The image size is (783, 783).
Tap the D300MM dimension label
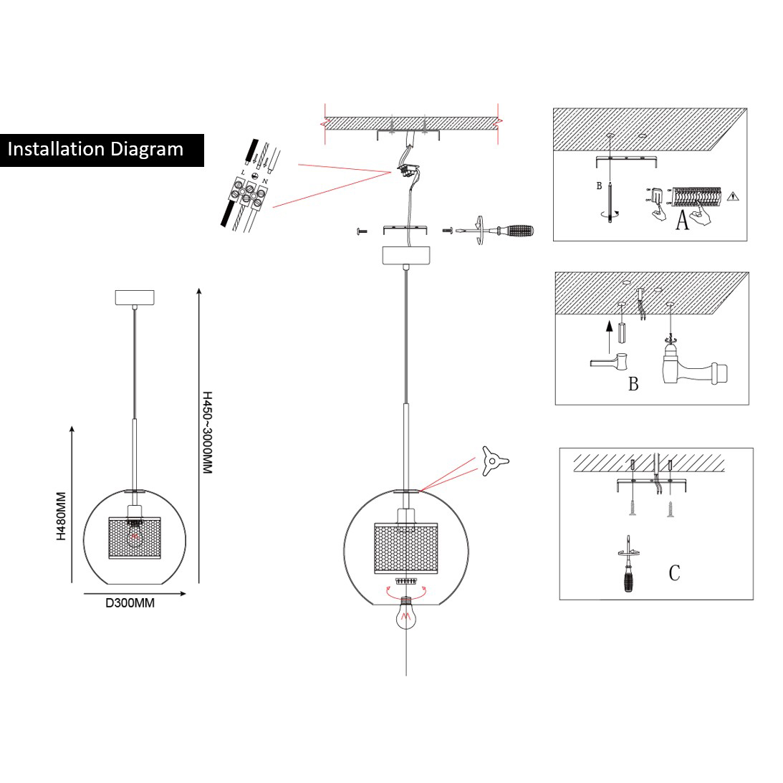[130, 602]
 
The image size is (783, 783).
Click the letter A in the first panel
[682, 222]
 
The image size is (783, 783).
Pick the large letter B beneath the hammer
[633, 385]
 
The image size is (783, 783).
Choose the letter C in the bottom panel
[674, 572]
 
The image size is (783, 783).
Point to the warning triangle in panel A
[733, 196]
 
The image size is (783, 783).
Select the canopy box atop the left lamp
[135, 297]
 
